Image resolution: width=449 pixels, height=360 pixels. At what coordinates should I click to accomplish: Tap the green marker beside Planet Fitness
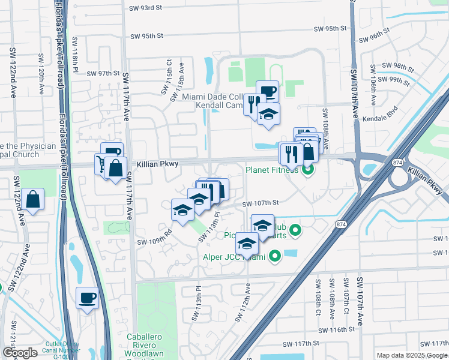click(308, 170)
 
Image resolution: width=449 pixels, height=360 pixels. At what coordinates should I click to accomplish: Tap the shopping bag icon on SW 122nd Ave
click(35, 199)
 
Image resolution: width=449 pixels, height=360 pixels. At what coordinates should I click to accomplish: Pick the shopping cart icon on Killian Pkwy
click(101, 164)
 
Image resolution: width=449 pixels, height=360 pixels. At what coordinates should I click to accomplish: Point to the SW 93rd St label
click(146, 8)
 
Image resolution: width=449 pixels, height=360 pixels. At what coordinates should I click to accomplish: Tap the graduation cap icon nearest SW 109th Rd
click(182, 210)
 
